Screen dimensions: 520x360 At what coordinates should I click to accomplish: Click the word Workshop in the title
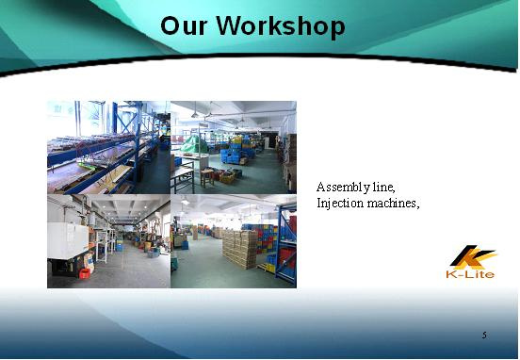point(280,26)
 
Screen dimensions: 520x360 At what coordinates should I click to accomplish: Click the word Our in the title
point(184,26)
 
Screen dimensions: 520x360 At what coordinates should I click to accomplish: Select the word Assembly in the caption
point(343,188)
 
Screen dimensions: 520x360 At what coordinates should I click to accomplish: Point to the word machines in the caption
point(393,203)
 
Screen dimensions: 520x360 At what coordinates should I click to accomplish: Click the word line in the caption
point(384,188)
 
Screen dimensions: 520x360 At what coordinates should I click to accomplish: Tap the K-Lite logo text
point(470,274)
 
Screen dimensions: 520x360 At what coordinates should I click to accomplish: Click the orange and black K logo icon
point(473,257)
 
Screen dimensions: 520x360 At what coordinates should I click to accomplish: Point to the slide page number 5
point(484,335)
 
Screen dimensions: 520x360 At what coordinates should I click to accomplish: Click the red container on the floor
point(85,273)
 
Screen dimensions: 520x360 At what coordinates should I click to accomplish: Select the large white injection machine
point(68,240)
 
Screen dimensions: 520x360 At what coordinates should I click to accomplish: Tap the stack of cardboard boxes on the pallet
point(240,248)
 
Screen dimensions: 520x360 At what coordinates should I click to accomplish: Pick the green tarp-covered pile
point(195,143)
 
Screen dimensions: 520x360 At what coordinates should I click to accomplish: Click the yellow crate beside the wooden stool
point(227,178)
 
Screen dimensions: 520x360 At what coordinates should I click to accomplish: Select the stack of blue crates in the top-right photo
point(237,150)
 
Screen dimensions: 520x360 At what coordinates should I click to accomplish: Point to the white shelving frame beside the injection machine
point(103,245)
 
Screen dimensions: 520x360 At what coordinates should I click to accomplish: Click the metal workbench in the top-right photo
point(182,178)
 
